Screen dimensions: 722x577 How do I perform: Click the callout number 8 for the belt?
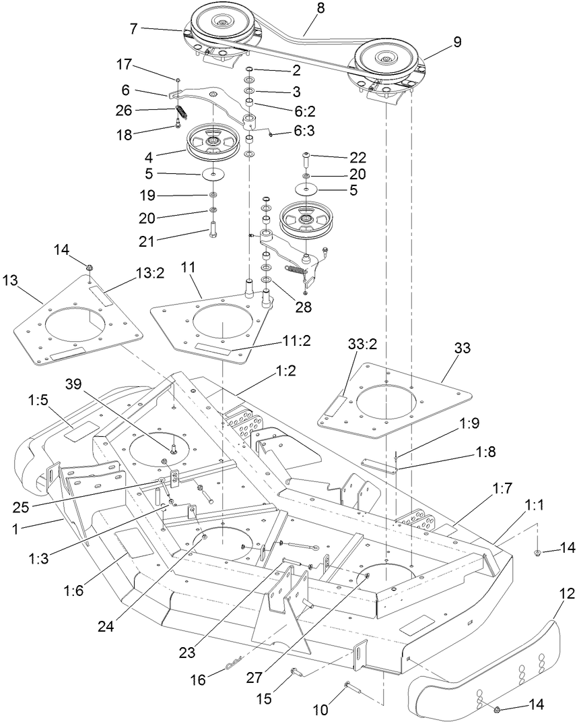point(320,10)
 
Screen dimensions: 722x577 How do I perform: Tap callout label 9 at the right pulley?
point(457,41)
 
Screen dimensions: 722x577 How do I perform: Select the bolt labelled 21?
point(213,235)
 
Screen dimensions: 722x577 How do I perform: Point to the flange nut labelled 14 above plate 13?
point(90,270)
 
